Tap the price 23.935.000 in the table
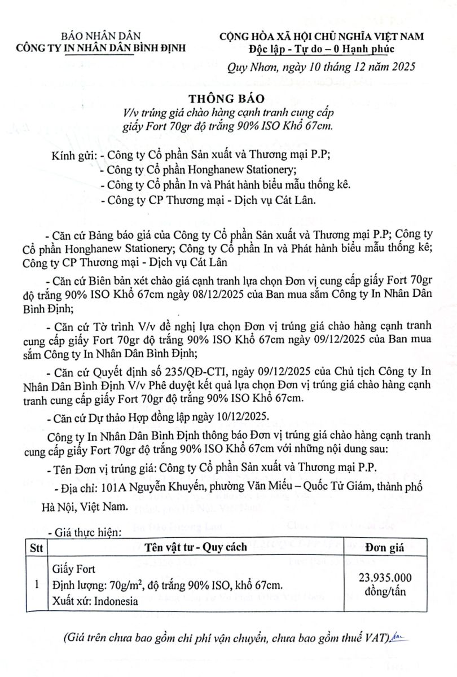[x=385, y=577]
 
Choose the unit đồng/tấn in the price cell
[x=385, y=591]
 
